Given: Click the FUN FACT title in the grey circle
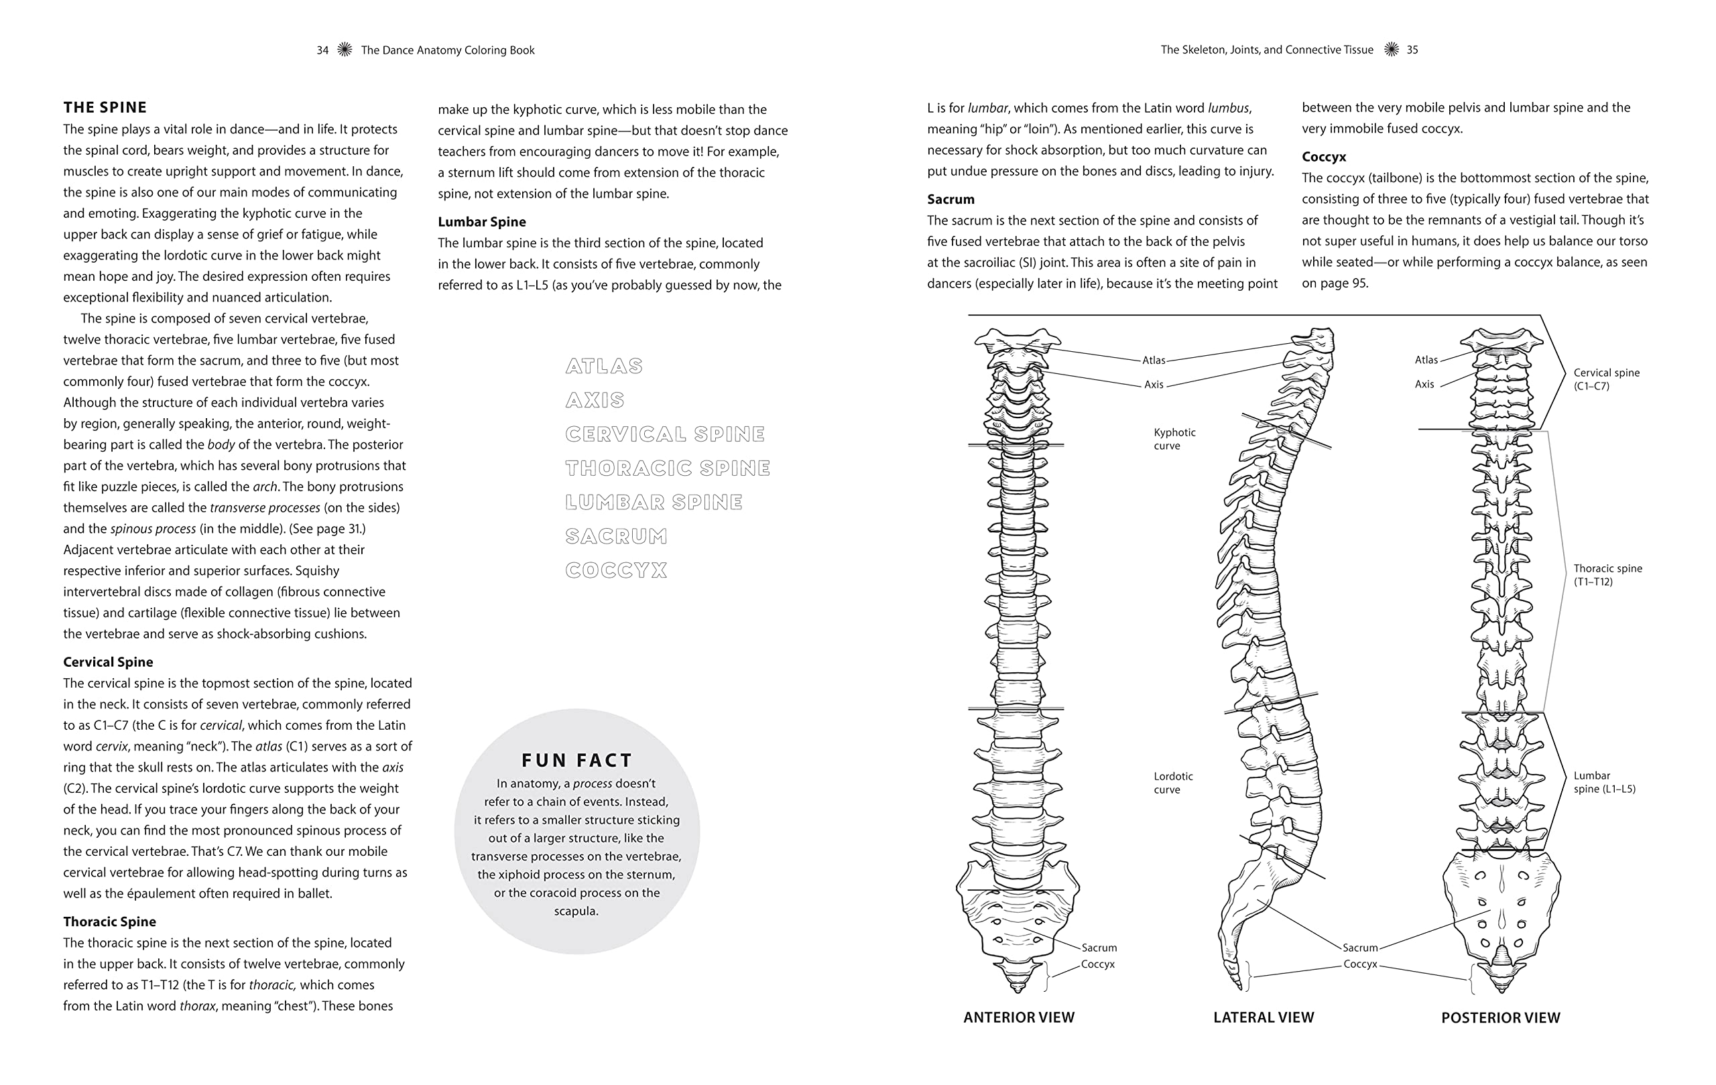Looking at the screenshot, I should [576, 760].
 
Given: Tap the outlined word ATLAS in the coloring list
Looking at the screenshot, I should [603, 366].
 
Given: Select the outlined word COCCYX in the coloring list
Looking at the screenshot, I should [616, 570].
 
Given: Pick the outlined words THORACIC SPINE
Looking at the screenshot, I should [667, 468].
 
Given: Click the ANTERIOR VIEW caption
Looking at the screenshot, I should [1018, 1017].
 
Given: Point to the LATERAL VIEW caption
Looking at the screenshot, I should [1264, 1017].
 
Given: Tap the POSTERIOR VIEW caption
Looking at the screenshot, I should [1500, 1018].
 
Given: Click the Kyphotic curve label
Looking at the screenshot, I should [1174, 439].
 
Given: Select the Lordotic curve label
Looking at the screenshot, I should [1173, 783].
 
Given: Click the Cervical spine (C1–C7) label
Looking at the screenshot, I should [1606, 379].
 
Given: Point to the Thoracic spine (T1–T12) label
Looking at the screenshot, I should [1607, 575].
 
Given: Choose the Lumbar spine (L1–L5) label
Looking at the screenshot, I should [1604, 782].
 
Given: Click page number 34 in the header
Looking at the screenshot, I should [323, 50].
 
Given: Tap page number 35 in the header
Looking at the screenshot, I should [1412, 50].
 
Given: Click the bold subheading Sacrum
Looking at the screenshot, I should [951, 200].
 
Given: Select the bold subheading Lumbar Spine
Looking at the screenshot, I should [482, 222].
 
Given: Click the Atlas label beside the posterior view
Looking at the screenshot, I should [1426, 360].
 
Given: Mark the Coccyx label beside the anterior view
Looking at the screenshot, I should [1097, 964].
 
